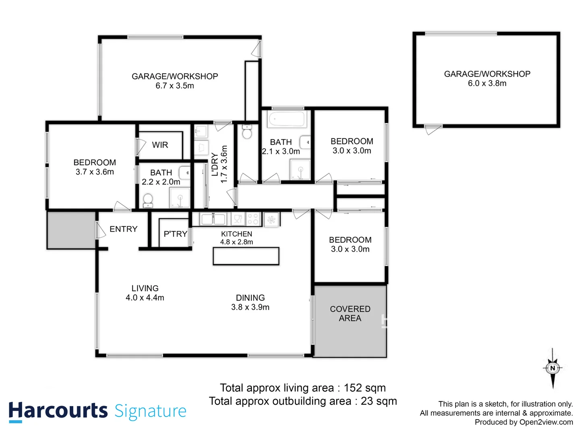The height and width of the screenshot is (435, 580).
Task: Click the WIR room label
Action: pyautogui.click(x=160, y=145)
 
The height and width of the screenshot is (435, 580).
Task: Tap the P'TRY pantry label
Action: pyautogui.click(x=175, y=234)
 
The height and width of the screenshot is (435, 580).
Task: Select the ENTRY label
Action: pyautogui.click(x=123, y=229)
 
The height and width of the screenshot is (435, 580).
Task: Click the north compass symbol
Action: pyautogui.click(x=553, y=368)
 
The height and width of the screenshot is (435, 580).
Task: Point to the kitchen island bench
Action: pyautogui.click(x=246, y=256)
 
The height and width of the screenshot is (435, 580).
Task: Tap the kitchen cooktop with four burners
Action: pyautogui.click(x=253, y=219)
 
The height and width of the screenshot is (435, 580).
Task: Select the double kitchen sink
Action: pyautogui.click(x=213, y=219)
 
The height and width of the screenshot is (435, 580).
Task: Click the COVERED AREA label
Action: pyautogui.click(x=350, y=313)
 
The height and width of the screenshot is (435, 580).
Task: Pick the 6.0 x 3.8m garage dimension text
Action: pyautogui.click(x=487, y=83)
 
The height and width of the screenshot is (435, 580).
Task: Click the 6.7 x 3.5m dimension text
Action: pyautogui.click(x=175, y=86)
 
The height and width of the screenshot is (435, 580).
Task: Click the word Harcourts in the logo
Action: pyautogui.click(x=58, y=411)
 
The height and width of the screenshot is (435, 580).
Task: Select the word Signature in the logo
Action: pyautogui.click(x=150, y=411)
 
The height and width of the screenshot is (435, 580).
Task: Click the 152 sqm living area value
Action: pyautogui.click(x=365, y=388)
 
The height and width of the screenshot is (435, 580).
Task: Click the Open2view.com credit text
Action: pyautogui.click(x=546, y=422)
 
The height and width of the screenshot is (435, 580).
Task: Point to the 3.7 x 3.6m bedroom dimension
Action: pyautogui.click(x=95, y=172)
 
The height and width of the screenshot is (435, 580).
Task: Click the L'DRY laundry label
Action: pyautogui.click(x=215, y=164)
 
